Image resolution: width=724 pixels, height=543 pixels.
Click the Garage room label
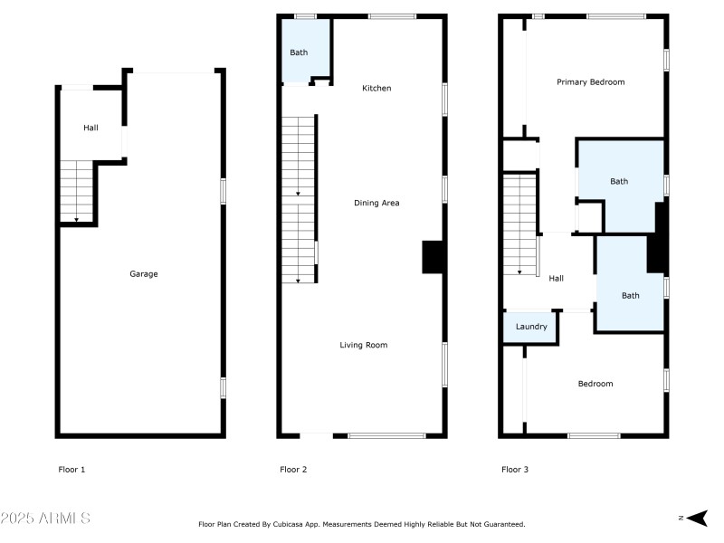[x=143, y=273]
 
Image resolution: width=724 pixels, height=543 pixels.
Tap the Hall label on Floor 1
[x=90, y=128]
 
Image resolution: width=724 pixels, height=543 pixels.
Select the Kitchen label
[x=376, y=88]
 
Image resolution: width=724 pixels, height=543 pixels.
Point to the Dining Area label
[x=376, y=203]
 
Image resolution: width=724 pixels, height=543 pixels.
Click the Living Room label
[x=364, y=345]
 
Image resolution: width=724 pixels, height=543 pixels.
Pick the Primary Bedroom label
[x=590, y=81]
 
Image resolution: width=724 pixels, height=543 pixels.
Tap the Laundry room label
[x=531, y=327]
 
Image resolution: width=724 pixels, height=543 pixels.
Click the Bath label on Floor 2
[x=299, y=52]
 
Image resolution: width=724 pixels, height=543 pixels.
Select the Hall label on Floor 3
[x=556, y=278]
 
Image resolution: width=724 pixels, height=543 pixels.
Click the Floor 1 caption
[x=71, y=470]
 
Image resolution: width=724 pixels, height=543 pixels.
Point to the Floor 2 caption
[x=293, y=470]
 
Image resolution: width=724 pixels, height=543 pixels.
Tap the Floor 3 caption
[x=515, y=470]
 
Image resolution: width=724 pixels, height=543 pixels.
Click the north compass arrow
[x=696, y=518]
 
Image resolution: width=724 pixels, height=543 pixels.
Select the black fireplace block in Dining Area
[x=432, y=257]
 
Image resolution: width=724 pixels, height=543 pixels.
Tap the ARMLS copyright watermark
[x=45, y=519]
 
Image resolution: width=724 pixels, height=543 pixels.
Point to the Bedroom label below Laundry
[x=595, y=384]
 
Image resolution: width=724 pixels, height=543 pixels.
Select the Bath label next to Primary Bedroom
[x=618, y=181]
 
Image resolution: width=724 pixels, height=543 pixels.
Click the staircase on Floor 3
[x=520, y=224]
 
